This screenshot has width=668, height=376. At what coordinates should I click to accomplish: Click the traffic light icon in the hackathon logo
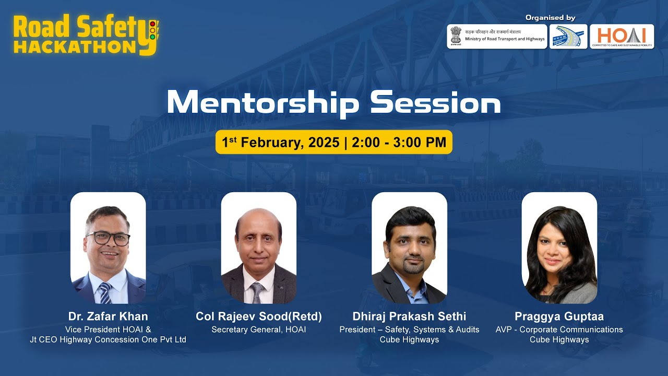152,30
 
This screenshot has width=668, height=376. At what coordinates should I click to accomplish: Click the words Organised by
550,18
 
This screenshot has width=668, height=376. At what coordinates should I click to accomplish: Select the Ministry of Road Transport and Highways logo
497,36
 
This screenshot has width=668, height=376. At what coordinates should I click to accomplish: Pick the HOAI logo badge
622,36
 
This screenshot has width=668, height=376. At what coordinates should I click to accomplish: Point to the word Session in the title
435,103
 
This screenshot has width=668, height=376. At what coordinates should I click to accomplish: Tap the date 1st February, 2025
281,143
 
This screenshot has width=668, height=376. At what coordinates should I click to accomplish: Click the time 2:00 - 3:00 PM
399,143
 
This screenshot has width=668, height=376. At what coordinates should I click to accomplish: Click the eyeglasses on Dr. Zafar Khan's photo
108,239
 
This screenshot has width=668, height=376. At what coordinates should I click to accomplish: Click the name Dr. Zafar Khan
108,316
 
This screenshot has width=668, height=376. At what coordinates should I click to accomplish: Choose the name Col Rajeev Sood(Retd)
259,316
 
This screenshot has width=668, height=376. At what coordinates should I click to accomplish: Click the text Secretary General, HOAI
259,330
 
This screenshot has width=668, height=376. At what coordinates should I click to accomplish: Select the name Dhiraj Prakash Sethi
409,316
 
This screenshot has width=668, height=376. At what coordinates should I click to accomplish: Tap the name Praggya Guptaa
559,316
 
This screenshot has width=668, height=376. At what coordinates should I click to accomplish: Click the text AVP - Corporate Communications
559,330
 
